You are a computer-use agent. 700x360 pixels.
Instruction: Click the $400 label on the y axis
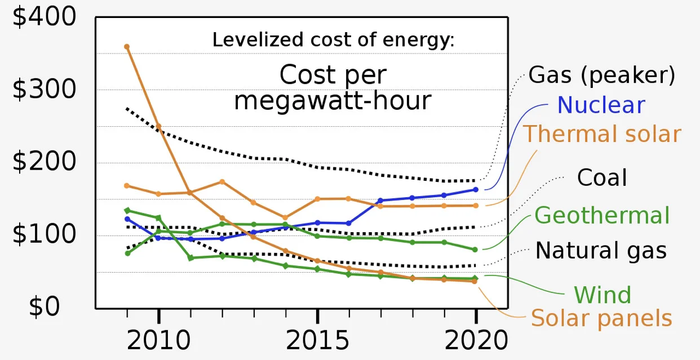tap(44, 16)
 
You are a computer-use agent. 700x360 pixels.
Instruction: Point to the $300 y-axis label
tap(44, 89)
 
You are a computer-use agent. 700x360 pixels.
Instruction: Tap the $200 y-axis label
tap(44, 161)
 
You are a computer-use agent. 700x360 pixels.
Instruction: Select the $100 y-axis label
tap(44, 234)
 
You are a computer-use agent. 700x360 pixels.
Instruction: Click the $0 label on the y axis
tap(44, 306)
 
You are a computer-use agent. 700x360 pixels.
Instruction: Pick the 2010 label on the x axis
tap(158, 340)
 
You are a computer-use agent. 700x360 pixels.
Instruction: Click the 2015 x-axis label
tap(317, 340)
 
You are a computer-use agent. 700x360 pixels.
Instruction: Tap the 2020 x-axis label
tap(476, 340)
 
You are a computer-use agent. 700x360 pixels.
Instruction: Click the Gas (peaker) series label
tap(602, 75)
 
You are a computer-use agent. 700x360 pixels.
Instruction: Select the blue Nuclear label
tap(601, 105)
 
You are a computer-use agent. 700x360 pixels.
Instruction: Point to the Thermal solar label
tap(602, 134)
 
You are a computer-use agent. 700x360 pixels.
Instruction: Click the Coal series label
tap(602, 177)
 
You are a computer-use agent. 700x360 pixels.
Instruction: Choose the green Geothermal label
tap(602, 215)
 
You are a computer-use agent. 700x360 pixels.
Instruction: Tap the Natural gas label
tap(601, 251)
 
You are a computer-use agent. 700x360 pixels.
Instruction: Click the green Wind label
tap(602, 295)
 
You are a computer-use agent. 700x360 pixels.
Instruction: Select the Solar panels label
tap(601, 318)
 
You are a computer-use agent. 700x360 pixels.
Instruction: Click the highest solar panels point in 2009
tap(127, 47)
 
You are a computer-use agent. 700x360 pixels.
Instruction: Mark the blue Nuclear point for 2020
tap(476, 190)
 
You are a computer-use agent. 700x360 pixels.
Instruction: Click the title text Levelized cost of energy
tap(333, 40)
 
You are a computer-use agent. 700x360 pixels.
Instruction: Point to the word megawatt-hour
tap(333, 101)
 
